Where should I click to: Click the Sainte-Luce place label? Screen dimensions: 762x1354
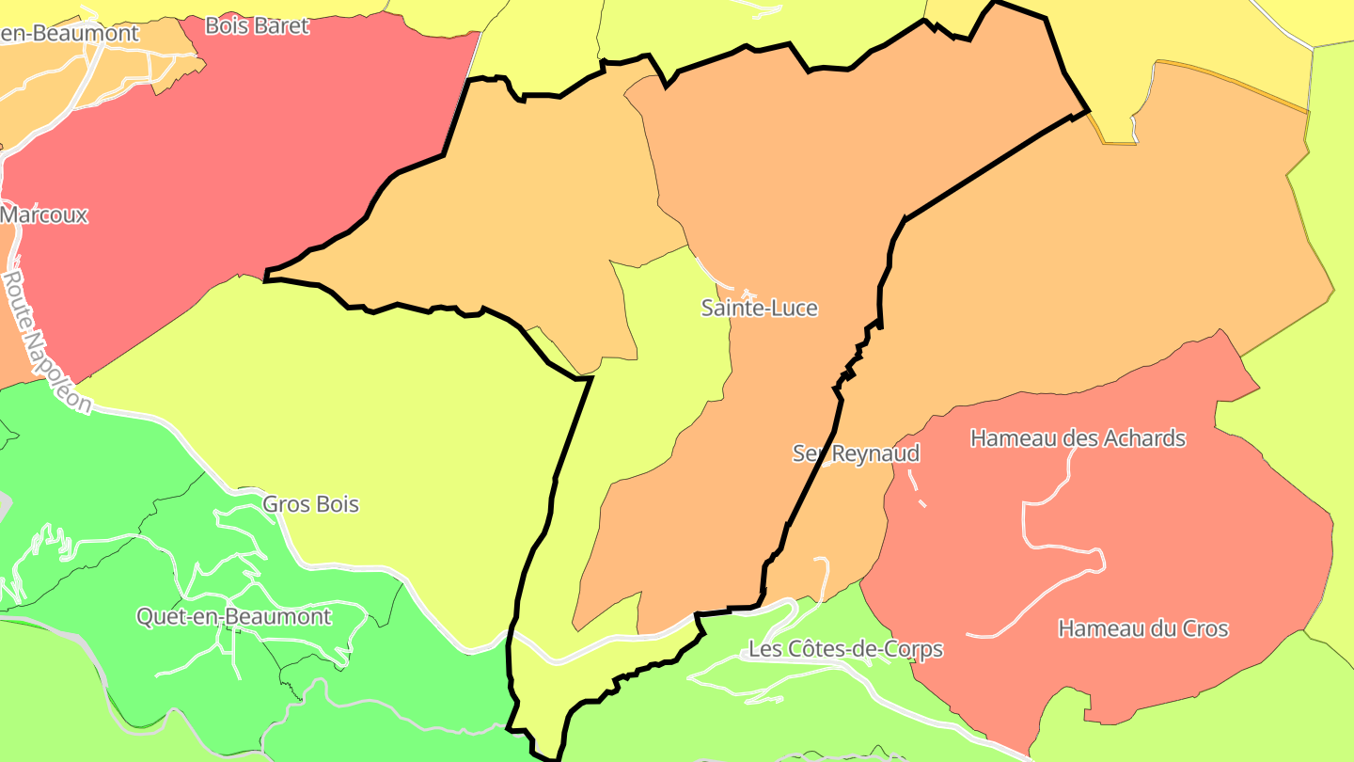pyautogui.click(x=760, y=308)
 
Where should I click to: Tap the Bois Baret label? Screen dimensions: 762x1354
pyautogui.click(x=257, y=25)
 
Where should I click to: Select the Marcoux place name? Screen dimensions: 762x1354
pyautogui.click(x=44, y=214)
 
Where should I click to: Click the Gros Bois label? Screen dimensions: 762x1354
pyautogui.click(x=310, y=504)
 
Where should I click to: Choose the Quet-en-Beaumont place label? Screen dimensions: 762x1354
pyautogui.click(x=234, y=616)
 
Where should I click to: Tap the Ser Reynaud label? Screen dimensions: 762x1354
pyautogui.click(x=856, y=453)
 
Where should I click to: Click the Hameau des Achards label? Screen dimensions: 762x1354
pyautogui.click(x=1078, y=438)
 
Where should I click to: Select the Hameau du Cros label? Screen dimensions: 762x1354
pyautogui.click(x=1143, y=628)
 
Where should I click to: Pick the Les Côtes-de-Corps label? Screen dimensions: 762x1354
pyautogui.click(x=845, y=649)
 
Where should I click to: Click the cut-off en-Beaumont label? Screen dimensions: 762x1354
pyautogui.click(x=69, y=33)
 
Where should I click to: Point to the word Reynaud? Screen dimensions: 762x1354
pyautogui.click(x=875, y=453)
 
